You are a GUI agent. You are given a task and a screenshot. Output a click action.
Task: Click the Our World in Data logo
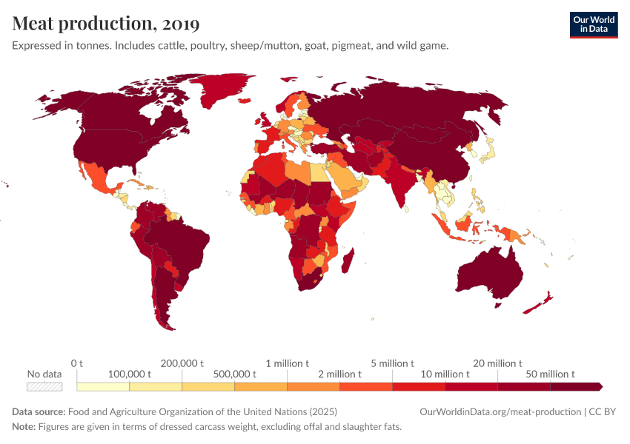click(x=593, y=24)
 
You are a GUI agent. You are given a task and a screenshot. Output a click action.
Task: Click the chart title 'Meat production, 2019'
click(x=106, y=24)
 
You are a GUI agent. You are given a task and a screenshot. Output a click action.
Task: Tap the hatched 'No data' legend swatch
click(x=44, y=386)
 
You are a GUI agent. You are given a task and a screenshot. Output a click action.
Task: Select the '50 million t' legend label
click(x=550, y=374)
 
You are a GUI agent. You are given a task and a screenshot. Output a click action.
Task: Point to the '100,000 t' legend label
click(x=130, y=374)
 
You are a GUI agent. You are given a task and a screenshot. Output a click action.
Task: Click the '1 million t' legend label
click(x=288, y=363)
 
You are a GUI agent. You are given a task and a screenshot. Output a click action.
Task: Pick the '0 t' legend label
click(x=77, y=363)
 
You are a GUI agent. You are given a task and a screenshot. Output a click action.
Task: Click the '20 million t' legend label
click(x=498, y=363)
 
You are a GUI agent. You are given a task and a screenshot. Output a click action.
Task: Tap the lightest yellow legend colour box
click(x=103, y=386)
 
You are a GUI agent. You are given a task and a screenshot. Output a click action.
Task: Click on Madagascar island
click(x=348, y=263)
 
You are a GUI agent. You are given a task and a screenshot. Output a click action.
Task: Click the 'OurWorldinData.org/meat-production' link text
click(x=500, y=412)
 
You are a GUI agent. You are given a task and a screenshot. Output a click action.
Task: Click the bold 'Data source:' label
click(x=39, y=412)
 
